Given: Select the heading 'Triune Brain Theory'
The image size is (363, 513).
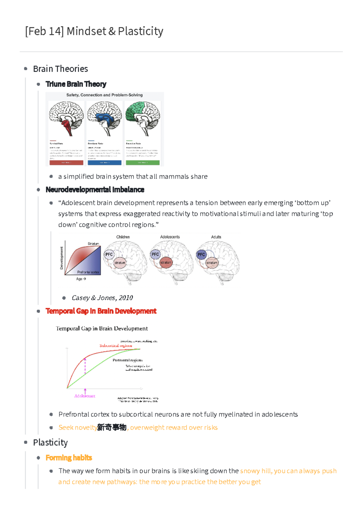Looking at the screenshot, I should (x=76, y=84).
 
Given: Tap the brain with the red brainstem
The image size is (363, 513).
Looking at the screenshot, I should (x=66, y=119).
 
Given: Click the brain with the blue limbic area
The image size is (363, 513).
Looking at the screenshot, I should (x=104, y=119).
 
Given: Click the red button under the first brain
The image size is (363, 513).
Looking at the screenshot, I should (x=66, y=163).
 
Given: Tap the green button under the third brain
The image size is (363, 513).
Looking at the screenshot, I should (x=142, y=163).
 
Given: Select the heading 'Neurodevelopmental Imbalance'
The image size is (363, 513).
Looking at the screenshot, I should (x=95, y=190).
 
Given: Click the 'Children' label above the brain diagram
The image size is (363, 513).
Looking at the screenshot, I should (x=123, y=237).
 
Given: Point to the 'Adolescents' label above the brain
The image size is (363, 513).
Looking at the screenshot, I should (x=170, y=237).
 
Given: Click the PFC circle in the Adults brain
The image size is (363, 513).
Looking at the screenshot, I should (x=201, y=255).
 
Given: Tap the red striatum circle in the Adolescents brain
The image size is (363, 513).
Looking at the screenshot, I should (x=166, y=262).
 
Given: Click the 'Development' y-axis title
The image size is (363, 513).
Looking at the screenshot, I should (x=62, y=258).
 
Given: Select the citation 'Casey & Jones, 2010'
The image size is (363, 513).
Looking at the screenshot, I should (x=102, y=298).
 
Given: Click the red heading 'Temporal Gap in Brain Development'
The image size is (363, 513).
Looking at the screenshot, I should (x=101, y=311).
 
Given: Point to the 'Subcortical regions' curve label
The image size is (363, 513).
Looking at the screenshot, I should (x=116, y=346).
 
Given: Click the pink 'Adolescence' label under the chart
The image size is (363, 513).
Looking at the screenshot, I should (x=85, y=396).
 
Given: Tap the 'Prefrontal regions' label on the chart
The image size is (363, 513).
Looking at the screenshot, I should (x=127, y=360).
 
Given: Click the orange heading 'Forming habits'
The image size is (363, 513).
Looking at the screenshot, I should (x=69, y=458).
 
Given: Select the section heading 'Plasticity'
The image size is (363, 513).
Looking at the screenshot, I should (x=50, y=443).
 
